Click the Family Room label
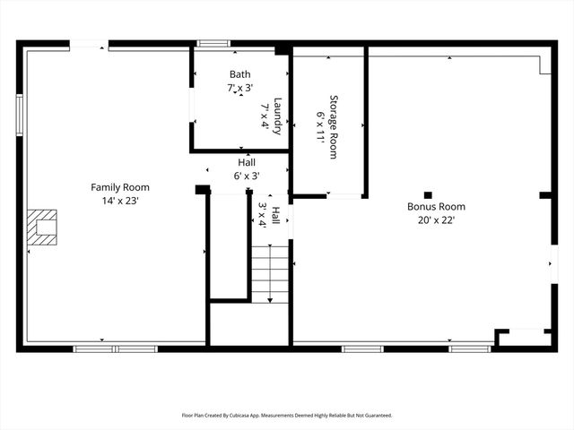point(119,187)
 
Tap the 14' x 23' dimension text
point(119,201)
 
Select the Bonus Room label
point(436,206)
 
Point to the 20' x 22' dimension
point(436,219)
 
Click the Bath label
point(239,74)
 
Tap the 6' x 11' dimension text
point(319,126)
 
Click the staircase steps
point(270,273)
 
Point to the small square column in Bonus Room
point(428,194)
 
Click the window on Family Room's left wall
point(19,115)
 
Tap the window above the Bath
point(213,42)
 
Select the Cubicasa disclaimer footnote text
point(287,416)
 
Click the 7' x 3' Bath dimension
point(239,88)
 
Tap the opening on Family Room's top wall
point(89,43)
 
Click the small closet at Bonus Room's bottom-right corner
point(525,338)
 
